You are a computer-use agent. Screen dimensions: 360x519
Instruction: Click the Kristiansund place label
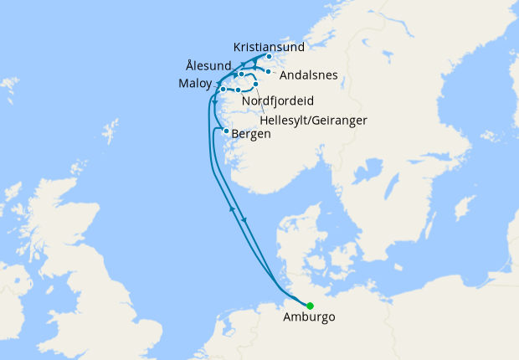(x=270, y=47)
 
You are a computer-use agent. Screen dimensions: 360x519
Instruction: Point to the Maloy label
(x=195, y=84)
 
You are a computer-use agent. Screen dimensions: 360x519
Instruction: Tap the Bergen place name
(x=250, y=134)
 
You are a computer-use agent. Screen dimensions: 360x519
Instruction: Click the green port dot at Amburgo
(x=310, y=306)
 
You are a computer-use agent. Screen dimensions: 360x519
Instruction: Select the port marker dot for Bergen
(x=226, y=131)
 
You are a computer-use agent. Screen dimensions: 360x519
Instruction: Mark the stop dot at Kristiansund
(x=268, y=57)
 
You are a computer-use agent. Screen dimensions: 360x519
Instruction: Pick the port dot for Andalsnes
(x=269, y=71)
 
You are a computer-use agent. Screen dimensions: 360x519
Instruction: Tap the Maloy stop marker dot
(x=223, y=89)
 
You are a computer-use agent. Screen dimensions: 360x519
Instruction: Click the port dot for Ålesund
(x=241, y=75)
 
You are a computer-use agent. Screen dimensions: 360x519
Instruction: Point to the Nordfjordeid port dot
(x=239, y=90)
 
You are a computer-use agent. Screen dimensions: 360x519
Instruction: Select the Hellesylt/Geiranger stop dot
(x=255, y=85)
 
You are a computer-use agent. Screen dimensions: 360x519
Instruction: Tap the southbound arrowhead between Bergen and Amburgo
(x=244, y=220)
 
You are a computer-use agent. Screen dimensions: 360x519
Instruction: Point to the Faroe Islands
(x=9, y=85)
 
